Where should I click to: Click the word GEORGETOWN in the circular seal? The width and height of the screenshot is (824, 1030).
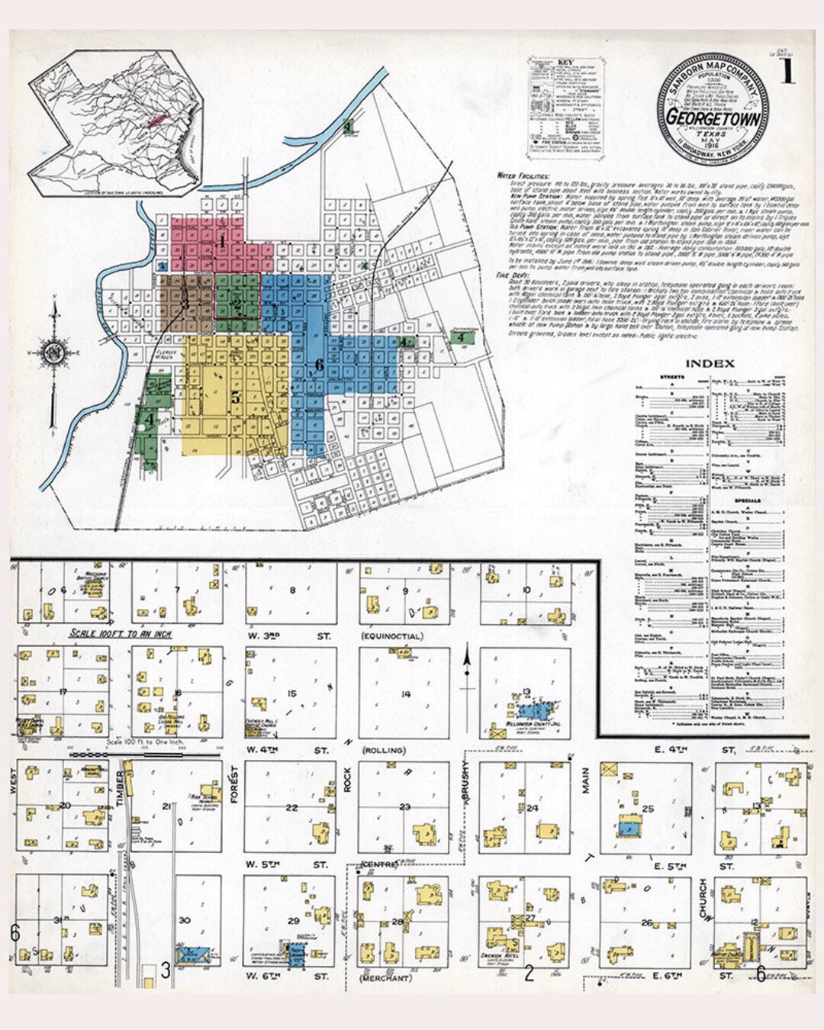click(712, 117)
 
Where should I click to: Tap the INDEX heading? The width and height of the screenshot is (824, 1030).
click(710, 363)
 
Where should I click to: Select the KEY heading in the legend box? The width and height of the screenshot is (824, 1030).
click(565, 63)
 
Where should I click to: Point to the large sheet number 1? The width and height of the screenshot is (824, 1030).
click(787, 72)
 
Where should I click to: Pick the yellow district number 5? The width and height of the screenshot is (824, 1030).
click(236, 397)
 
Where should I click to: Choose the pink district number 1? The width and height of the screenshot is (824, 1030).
click(221, 242)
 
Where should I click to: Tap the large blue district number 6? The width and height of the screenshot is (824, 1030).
click(320, 365)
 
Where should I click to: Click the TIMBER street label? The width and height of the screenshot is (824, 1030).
click(120, 785)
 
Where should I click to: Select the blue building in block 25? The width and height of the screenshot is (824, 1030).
click(629, 826)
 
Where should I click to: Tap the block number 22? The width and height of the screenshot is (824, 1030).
click(291, 807)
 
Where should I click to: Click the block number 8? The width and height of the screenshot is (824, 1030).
click(291, 590)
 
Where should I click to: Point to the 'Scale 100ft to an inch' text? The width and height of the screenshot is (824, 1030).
click(121, 633)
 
